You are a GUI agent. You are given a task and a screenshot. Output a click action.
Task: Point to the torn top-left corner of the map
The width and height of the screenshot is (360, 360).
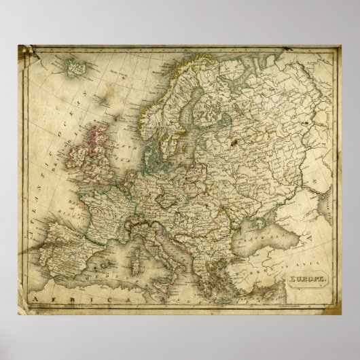pos(24,50)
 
